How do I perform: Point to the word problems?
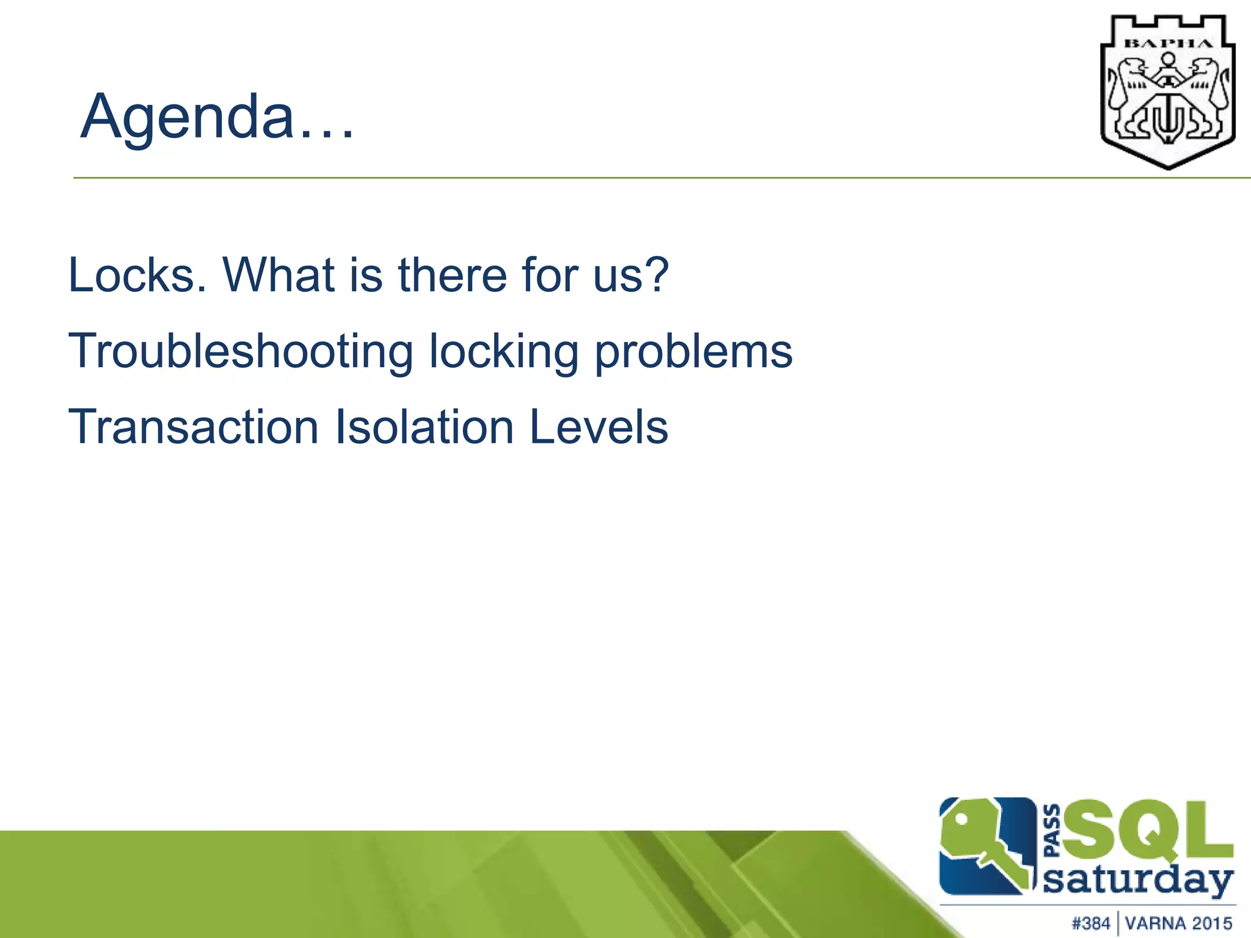(x=693, y=352)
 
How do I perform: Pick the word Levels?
(x=599, y=427)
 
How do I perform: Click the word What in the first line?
(x=278, y=275)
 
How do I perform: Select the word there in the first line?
(x=453, y=275)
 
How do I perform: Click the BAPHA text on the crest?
(x=1168, y=43)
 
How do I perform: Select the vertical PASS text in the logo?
(x=1052, y=831)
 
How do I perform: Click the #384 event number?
(x=1090, y=923)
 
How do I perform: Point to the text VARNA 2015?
(x=1178, y=923)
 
